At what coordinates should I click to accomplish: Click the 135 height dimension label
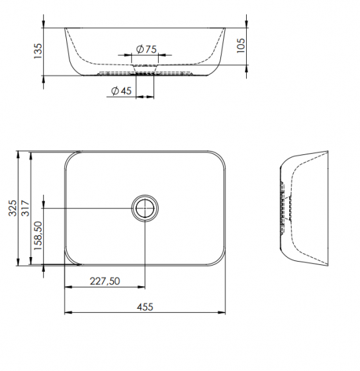pyautogui.click(x=38, y=51)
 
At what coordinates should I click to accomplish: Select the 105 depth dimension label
pyautogui.click(x=241, y=46)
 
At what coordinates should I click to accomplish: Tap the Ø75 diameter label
pyautogui.click(x=146, y=49)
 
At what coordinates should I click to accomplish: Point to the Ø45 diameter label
pyautogui.click(x=121, y=91)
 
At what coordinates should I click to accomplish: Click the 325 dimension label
pyautogui.click(x=13, y=208)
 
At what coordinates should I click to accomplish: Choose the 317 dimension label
pyautogui.click(x=26, y=208)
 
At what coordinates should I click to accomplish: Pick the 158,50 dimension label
pyautogui.click(x=38, y=236)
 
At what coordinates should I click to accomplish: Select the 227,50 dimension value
pyautogui.click(x=105, y=281)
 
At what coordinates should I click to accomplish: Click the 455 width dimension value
pyautogui.click(x=145, y=307)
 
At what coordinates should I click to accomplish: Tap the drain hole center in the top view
pyautogui.click(x=145, y=208)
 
